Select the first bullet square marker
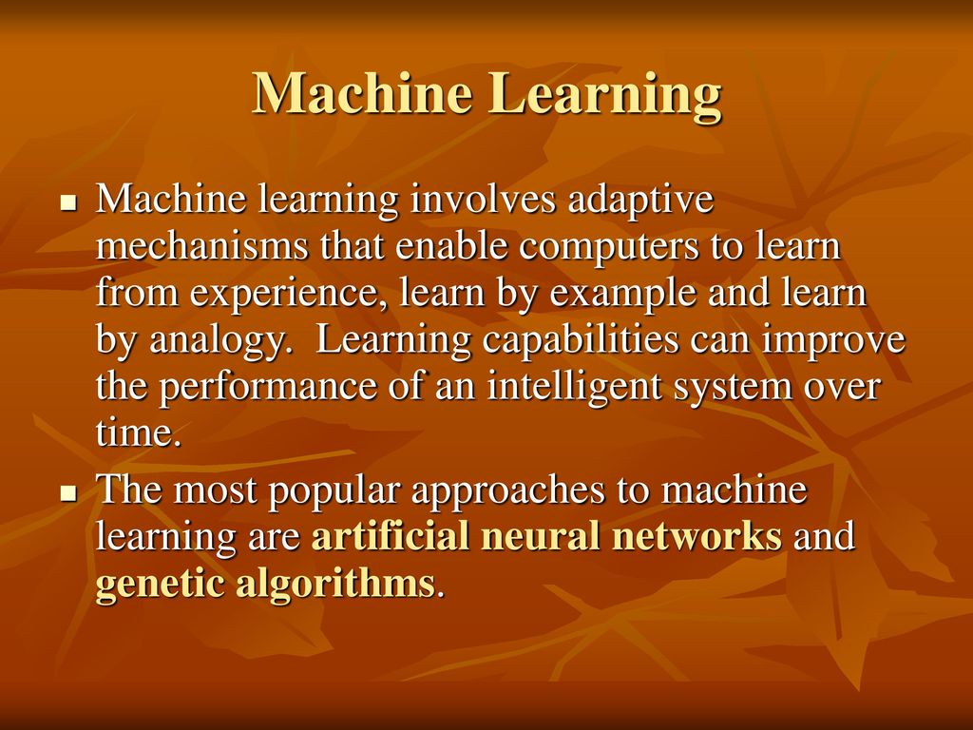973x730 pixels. [x=68, y=202]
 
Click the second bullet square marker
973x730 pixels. [x=68, y=493]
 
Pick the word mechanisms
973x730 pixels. [x=201, y=245]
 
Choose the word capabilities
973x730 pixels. [x=581, y=341]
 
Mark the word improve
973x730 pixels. [x=833, y=342]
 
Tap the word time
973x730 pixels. [x=139, y=432]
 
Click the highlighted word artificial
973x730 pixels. [x=390, y=536]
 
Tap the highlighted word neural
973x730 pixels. [x=540, y=537]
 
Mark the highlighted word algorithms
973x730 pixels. [x=335, y=585]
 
